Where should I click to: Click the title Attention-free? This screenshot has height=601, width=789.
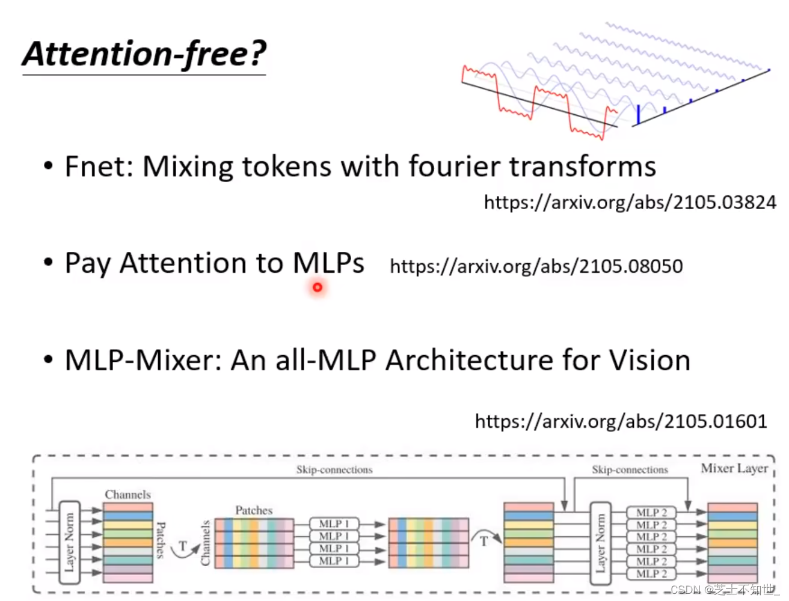[x=144, y=54]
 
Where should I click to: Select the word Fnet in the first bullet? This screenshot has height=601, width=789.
[x=98, y=166]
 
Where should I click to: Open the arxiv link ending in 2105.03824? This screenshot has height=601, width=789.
[x=630, y=203]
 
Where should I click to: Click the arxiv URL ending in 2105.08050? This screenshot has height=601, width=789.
[x=536, y=266]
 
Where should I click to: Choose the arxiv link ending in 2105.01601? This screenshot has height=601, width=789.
[x=621, y=421]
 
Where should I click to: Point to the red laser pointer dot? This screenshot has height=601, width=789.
[x=318, y=287]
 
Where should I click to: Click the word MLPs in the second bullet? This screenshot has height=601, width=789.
[x=328, y=263]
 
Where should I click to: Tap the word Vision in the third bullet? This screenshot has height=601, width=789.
[x=649, y=361]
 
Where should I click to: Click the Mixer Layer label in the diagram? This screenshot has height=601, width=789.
[x=734, y=468]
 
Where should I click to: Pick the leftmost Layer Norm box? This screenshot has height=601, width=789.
[x=70, y=542]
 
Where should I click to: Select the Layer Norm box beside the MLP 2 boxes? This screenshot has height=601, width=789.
[x=600, y=543]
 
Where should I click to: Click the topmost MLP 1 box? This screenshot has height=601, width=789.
[x=334, y=523]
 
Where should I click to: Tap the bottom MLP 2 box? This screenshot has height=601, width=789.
[x=651, y=574]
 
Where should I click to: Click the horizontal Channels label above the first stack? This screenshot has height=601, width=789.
[x=127, y=495]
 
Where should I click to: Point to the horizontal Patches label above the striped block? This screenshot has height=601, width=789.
[x=254, y=510]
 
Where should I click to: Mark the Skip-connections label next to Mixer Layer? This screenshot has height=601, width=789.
[x=630, y=470]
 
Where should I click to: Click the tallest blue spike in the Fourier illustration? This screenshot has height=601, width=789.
[x=638, y=114]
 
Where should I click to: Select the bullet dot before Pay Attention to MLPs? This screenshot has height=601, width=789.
[x=48, y=263]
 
